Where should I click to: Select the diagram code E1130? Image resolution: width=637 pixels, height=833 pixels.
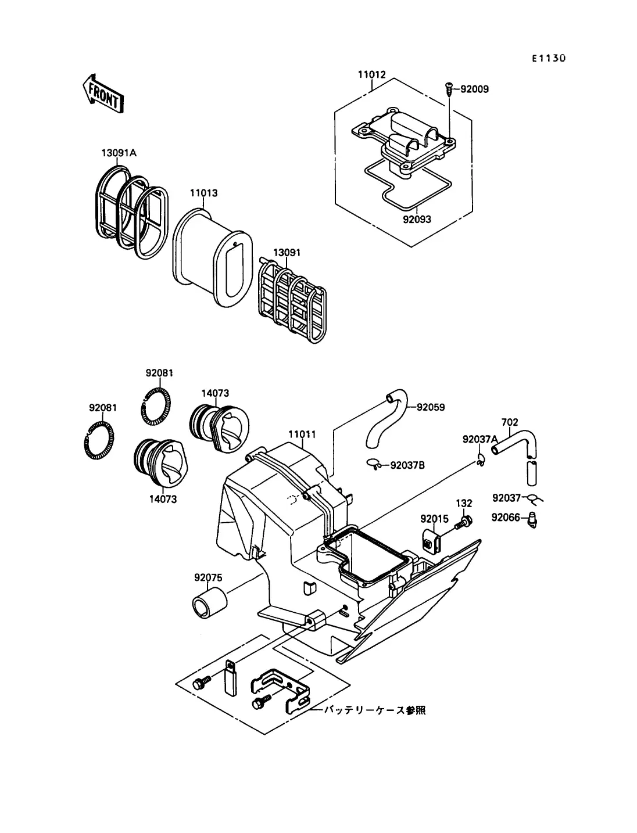(x=548, y=59)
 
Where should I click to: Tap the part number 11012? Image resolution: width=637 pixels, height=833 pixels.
(x=371, y=75)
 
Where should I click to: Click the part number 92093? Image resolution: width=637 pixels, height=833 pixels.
(x=417, y=220)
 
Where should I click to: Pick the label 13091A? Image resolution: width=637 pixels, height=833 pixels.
(x=119, y=153)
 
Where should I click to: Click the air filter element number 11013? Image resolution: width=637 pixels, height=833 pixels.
(x=204, y=193)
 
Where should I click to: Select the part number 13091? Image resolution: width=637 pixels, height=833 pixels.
(x=287, y=253)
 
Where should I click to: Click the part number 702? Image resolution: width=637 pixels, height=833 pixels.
(x=510, y=422)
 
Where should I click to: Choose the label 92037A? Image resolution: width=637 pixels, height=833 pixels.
(x=480, y=439)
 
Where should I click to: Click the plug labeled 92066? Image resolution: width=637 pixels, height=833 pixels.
(x=534, y=519)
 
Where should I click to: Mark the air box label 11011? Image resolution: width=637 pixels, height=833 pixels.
(x=302, y=434)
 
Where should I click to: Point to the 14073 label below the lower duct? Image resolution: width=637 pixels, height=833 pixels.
(x=163, y=500)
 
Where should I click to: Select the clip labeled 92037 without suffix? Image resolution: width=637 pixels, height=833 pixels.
(x=506, y=497)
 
